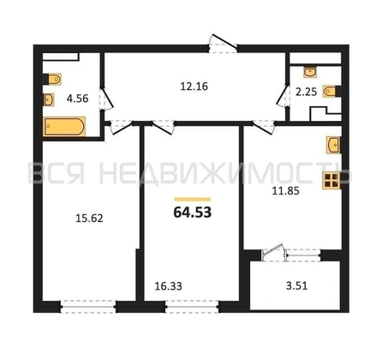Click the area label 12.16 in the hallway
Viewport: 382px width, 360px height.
pos(194,87)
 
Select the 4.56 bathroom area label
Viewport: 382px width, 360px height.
pos(77,99)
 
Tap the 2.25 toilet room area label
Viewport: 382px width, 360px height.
pos(306,92)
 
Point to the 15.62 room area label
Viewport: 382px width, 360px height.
pos(89,219)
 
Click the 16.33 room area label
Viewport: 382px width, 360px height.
pos(169,286)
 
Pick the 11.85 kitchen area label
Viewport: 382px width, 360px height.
pos(285,191)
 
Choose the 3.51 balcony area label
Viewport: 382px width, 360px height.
pos(296,286)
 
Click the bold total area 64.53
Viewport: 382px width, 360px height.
pos(193,213)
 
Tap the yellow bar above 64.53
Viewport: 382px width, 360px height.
pos(193,200)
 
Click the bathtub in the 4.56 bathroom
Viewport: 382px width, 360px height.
pos(64,126)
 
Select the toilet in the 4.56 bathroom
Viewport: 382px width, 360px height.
pos(52,79)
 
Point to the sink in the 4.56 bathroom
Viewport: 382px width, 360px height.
pos(49,99)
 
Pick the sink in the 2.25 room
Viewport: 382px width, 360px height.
pos(310,72)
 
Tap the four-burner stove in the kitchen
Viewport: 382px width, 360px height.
pos(331,180)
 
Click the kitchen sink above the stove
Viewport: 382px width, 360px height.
pos(334,145)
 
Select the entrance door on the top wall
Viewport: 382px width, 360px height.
pos(223,44)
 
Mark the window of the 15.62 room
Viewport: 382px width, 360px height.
pos(88,307)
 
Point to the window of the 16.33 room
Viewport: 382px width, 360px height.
pos(192,307)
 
